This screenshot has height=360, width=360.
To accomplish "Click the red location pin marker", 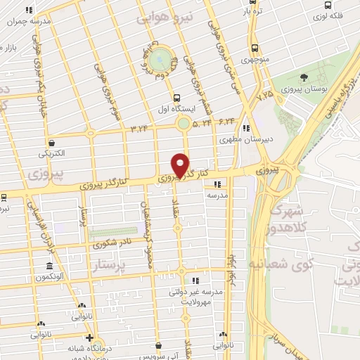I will pos(181,165).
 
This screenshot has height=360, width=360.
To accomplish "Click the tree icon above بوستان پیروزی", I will pos(304,77).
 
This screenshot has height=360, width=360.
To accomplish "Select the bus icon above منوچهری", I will pos(255,49).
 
